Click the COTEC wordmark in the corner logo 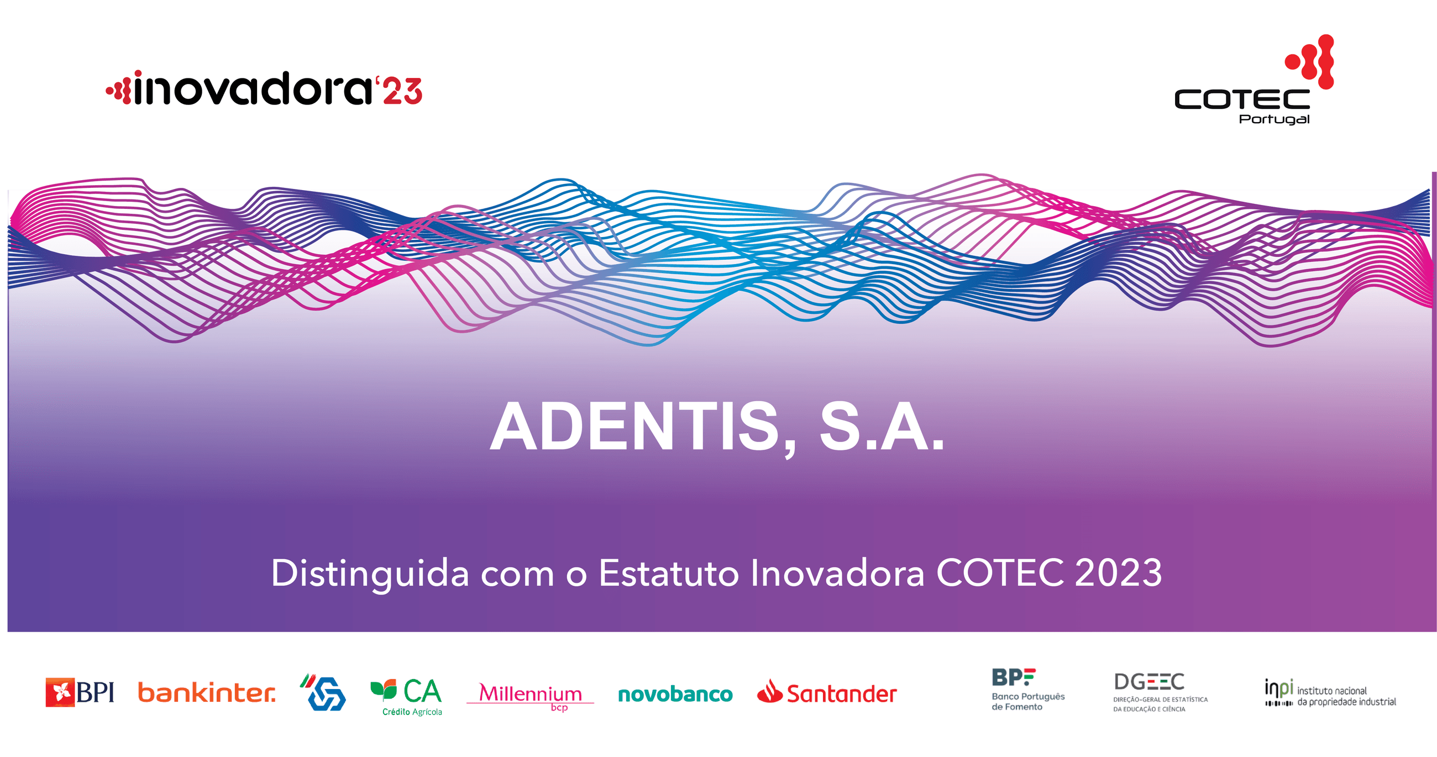coord(1242,99)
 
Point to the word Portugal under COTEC coord(1274,119)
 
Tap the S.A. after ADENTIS coord(882,427)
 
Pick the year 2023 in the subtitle coord(1118,574)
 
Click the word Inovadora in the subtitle coord(837,574)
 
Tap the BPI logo coord(80,693)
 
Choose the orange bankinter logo coord(207,693)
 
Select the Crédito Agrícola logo coord(407,695)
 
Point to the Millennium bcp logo coord(530,695)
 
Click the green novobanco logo coord(675,695)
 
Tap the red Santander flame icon coord(770,692)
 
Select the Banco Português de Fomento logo coord(1026,690)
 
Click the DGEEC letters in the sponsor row coord(1149,682)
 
